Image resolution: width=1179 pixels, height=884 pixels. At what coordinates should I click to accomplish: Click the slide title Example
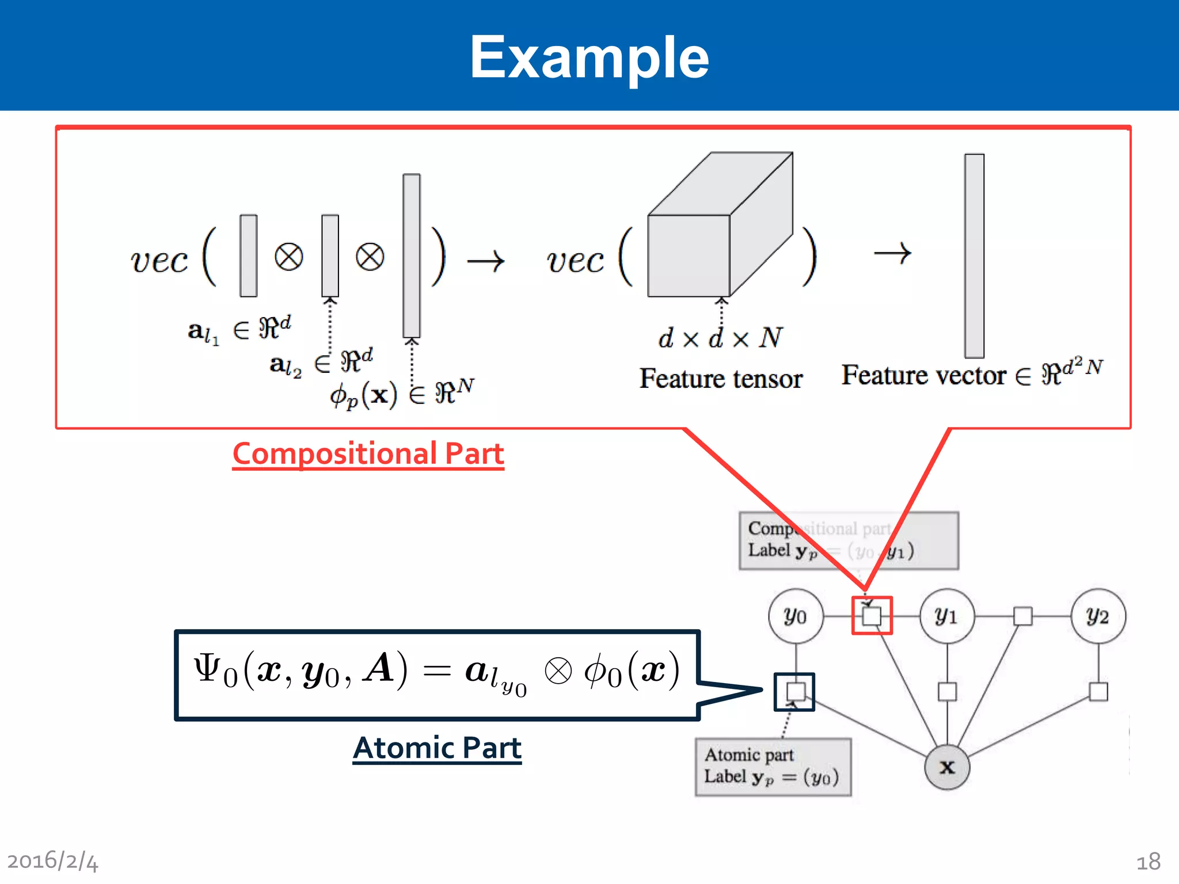tap(589, 57)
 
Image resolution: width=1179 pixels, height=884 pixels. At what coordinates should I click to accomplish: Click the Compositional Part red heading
tap(368, 454)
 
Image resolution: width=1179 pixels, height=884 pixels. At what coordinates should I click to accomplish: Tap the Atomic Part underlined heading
tap(437, 748)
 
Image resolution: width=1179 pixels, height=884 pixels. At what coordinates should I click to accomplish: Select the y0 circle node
tap(796, 616)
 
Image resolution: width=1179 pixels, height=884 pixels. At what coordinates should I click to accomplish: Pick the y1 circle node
tap(947, 616)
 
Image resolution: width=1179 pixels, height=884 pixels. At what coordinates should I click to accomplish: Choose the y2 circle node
tap(1098, 616)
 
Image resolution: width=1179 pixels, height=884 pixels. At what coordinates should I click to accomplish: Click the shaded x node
tap(947, 767)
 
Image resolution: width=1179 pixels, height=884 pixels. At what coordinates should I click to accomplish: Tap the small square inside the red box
tap(872, 616)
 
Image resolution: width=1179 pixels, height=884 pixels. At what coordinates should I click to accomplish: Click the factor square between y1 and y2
tap(1022, 616)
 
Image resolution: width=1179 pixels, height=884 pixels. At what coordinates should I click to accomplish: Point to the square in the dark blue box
tap(796, 691)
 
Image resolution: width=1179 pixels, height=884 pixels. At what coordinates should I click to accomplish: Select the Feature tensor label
tap(721, 379)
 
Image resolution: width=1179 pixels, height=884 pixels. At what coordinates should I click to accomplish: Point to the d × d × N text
tap(721, 338)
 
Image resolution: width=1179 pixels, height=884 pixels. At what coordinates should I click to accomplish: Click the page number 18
tap(1148, 862)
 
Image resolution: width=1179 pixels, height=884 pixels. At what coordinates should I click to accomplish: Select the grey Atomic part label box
tap(773, 767)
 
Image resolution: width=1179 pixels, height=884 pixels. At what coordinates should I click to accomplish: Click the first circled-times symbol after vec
tap(289, 257)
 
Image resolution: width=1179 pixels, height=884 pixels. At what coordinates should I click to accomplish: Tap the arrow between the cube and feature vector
tap(892, 253)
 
